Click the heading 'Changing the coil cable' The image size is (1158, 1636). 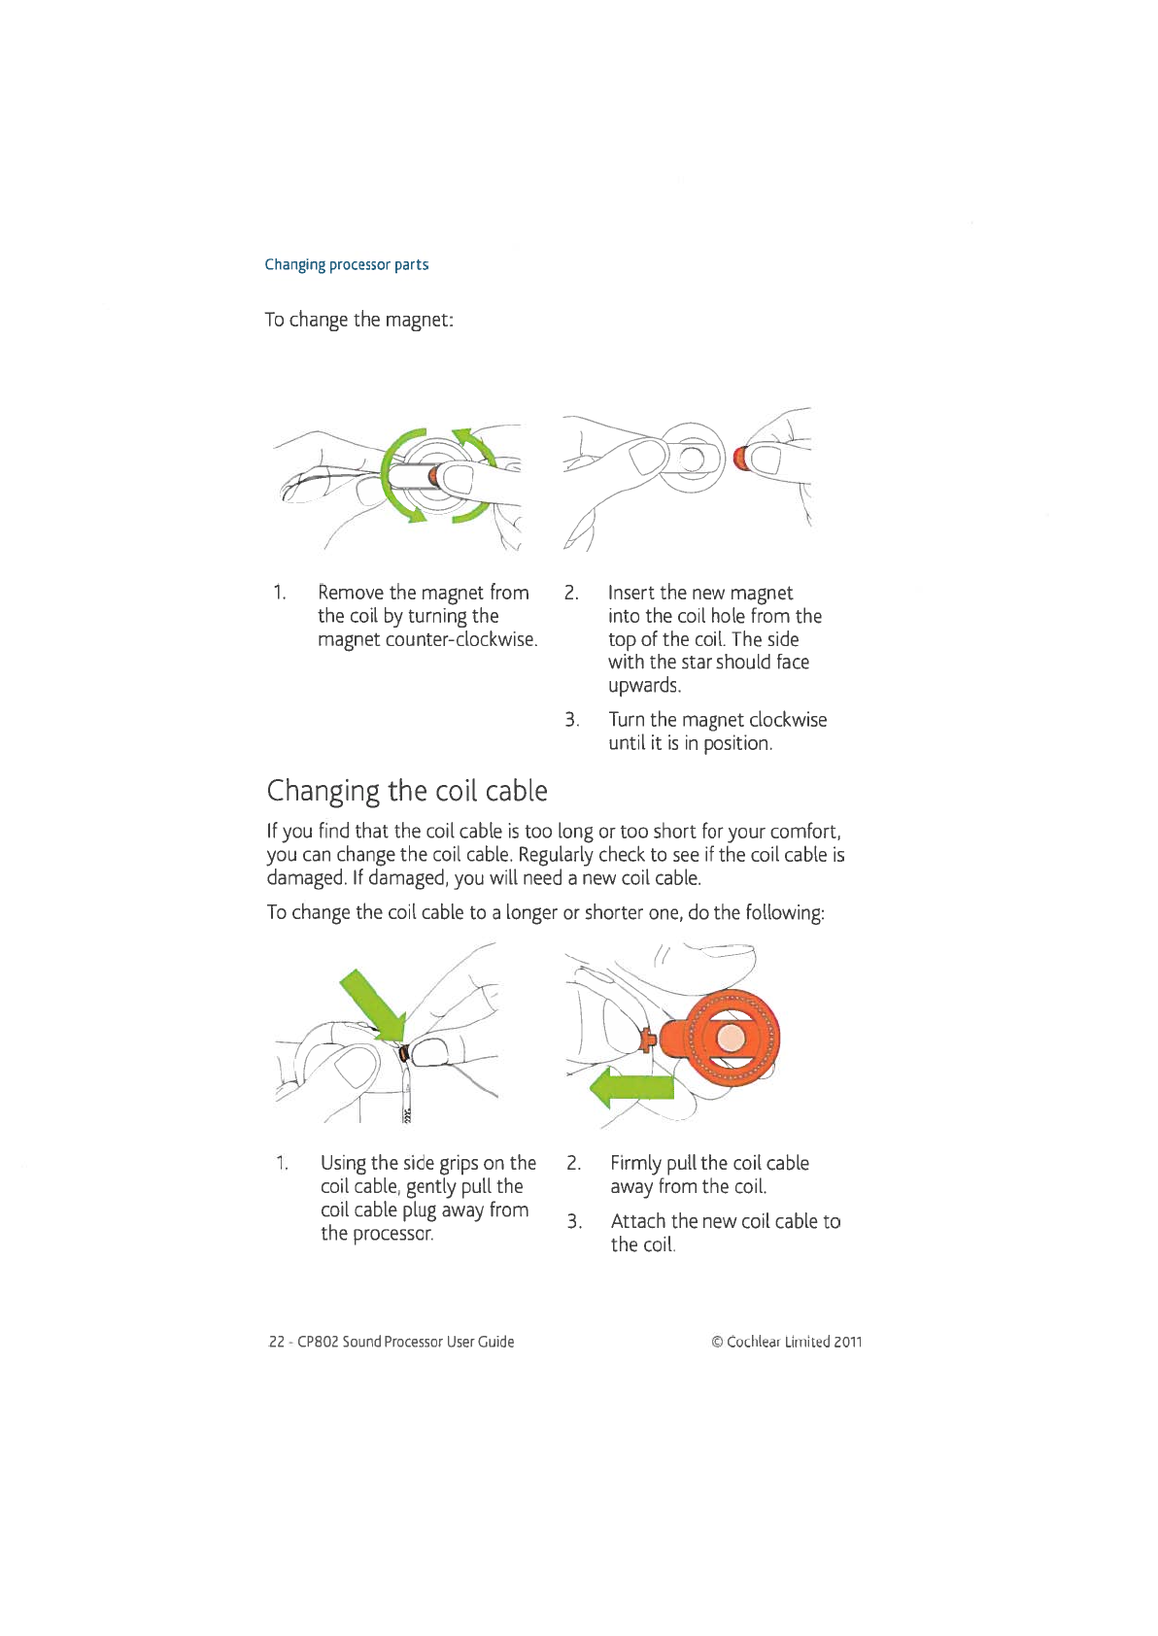tap(407, 791)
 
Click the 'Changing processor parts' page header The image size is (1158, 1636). tap(346, 264)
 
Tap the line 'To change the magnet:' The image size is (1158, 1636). tap(358, 320)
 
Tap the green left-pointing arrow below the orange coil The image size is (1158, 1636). tap(631, 1089)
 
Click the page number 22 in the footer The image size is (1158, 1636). tap(276, 1343)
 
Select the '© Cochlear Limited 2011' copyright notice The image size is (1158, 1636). tap(787, 1343)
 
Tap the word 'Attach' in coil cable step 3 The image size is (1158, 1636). tap(637, 1222)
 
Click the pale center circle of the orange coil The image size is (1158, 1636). tap(731, 1039)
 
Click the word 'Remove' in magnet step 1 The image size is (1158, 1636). tap(350, 593)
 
